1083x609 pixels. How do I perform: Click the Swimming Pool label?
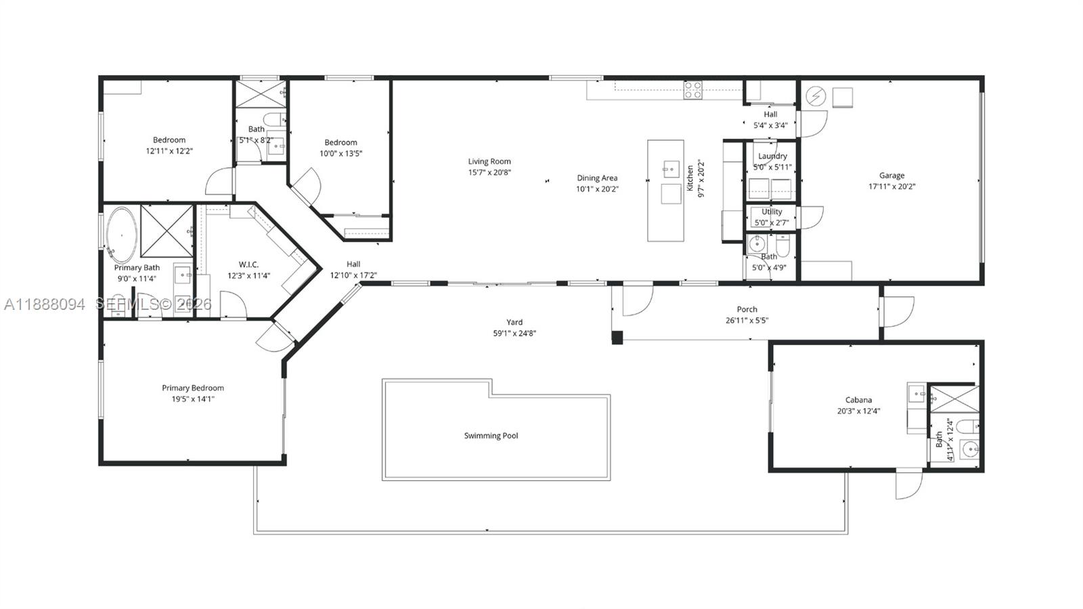[x=491, y=436]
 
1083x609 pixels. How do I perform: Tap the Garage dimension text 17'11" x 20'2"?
[x=891, y=186]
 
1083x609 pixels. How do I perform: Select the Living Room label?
[x=489, y=161]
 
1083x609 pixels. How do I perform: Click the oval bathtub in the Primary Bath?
[x=122, y=235]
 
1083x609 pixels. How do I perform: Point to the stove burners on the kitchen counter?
[x=692, y=90]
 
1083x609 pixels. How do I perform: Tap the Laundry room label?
[x=772, y=156]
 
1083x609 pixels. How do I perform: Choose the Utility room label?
[x=772, y=211]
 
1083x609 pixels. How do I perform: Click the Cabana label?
[x=858, y=399]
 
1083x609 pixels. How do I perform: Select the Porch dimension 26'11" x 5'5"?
[x=747, y=320]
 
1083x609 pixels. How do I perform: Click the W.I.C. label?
[x=248, y=265]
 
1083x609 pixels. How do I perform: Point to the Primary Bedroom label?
[x=192, y=388]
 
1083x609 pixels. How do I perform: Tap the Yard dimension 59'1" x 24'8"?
[x=514, y=333]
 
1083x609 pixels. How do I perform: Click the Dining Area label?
[x=597, y=178]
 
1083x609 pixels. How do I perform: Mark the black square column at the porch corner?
[x=617, y=337]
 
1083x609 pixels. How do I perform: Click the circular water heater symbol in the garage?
[x=816, y=97]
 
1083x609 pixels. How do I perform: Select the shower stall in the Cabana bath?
[x=953, y=399]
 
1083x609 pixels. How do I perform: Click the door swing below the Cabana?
[x=908, y=484]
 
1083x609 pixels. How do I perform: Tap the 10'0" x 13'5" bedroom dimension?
[x=340, y=153]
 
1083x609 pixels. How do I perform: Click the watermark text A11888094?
[x=45, y=304]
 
